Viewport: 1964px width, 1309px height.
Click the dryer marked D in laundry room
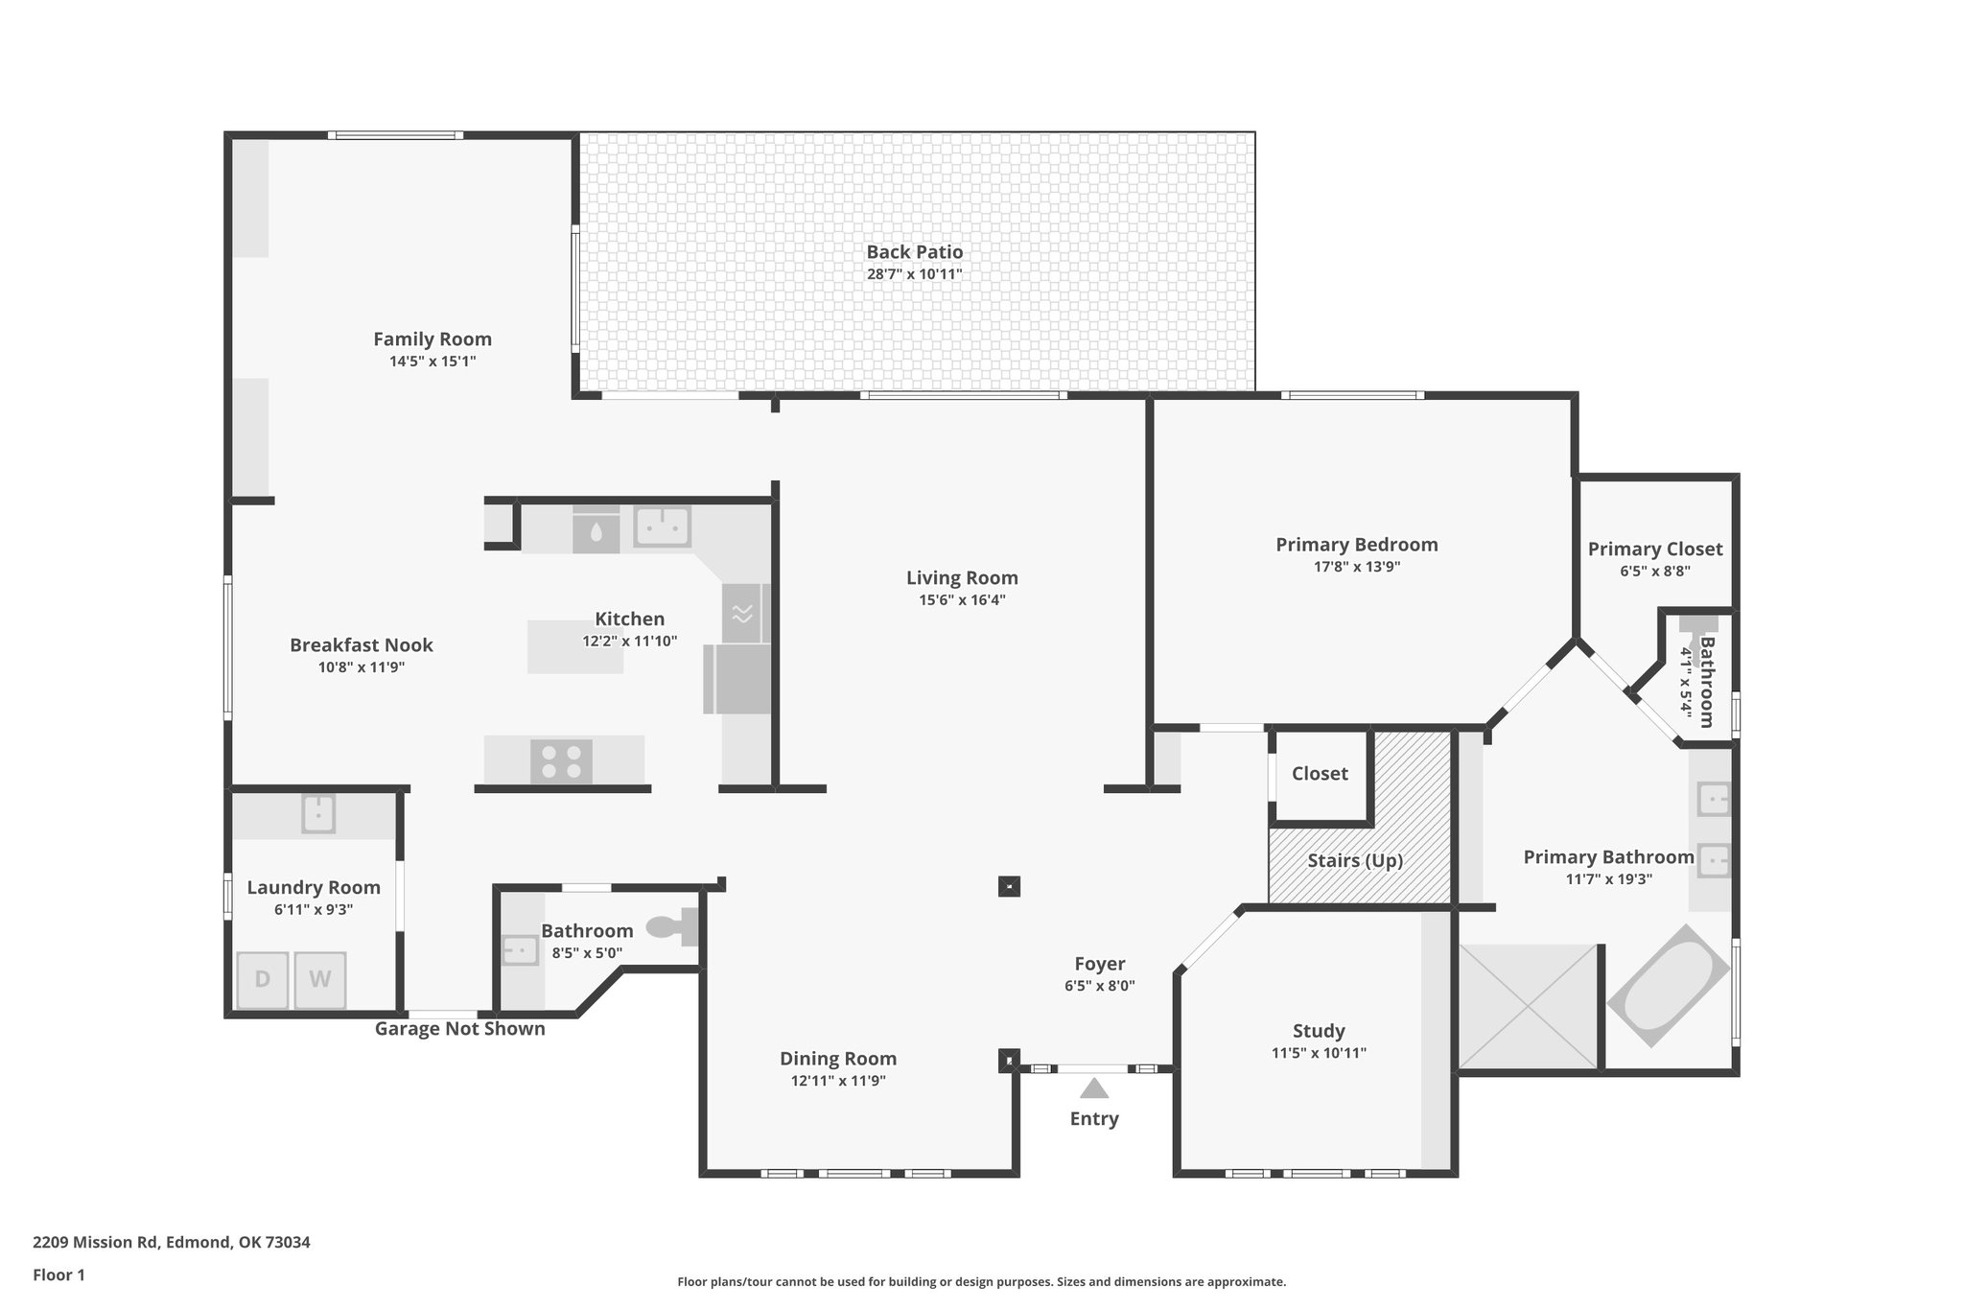(262, 979)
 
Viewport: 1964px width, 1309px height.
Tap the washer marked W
(319, 979)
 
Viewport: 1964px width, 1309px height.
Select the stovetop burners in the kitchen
(561, 761)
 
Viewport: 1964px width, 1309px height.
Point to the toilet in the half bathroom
(671, 926)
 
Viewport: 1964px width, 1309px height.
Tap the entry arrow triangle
(1093, 1088)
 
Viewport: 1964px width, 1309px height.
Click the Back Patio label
(914, 252)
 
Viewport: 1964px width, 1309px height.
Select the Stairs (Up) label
(1354, 860)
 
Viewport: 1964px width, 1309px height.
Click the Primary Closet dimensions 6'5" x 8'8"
(1654, 571)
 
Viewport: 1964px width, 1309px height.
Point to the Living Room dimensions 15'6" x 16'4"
(961, 600)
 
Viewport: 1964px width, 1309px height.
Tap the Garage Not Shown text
(459, 1029)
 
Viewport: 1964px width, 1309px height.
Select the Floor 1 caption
(58, 1274)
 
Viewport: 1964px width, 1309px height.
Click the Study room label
(1319, 1031)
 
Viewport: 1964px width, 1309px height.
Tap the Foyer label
(1099, 964)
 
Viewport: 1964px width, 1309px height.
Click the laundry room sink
(318, 814)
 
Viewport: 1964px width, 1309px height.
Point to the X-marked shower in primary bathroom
(1529, 1006)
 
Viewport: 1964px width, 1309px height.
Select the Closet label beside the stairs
(1320, 774)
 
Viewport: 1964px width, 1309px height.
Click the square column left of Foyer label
(1008, 886)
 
